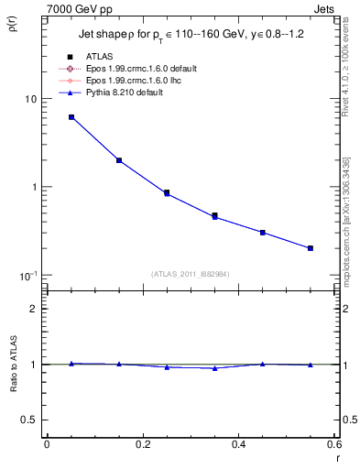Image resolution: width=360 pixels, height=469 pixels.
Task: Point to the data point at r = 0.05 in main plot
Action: (x=71, y=117)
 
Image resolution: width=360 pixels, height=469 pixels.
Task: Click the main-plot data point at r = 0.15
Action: (x=119, y=160)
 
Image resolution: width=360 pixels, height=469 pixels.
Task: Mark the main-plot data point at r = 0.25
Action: (x=167, y=193)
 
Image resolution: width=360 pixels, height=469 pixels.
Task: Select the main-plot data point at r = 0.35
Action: (x=215, y=216)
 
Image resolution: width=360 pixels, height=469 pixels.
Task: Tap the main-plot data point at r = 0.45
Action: (x=263, y=233)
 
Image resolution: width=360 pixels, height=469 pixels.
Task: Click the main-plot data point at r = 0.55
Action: (x=311, y=248)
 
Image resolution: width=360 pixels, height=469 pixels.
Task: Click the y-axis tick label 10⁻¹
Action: (x=27, y=275)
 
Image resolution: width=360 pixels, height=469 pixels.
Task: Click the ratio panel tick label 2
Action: (x=34, y=309)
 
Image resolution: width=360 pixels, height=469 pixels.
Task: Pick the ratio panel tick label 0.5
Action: (x=29, y=420)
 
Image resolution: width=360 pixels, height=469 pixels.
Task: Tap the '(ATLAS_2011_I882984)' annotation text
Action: (x=191, y=274)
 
